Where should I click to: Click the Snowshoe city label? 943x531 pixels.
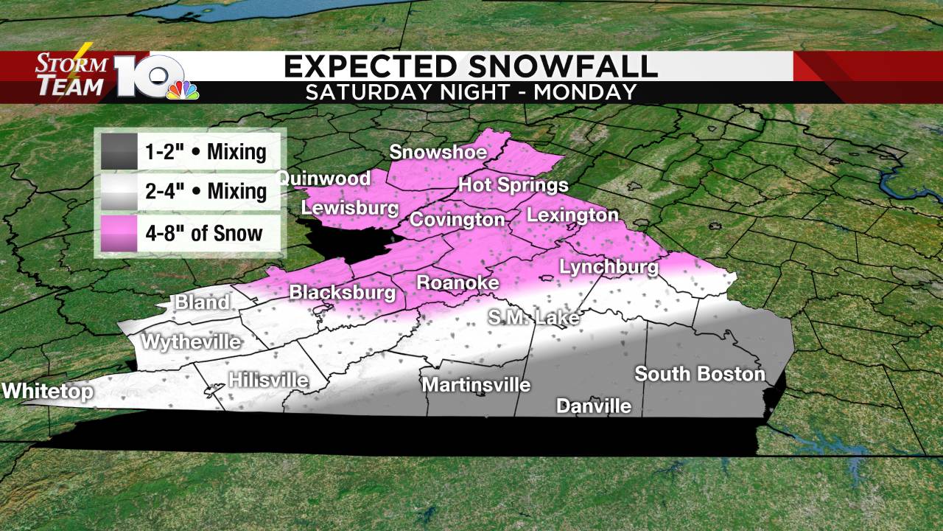438,153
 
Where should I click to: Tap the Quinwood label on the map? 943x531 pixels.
323,178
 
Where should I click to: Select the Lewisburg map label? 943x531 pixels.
350,209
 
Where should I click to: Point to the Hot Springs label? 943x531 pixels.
513,185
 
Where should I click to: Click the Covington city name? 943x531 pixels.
457,220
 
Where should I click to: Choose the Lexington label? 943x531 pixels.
572,215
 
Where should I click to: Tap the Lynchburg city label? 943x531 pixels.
609,267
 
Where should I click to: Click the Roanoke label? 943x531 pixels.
458,283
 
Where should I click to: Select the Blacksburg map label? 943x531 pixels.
342,293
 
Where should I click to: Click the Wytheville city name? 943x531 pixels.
191,342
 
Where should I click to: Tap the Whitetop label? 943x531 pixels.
48,391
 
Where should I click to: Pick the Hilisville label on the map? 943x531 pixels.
268,381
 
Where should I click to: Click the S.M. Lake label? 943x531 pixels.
534,319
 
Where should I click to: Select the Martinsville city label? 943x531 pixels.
476,385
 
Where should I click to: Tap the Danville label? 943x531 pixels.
594,406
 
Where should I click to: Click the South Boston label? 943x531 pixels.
700,374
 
